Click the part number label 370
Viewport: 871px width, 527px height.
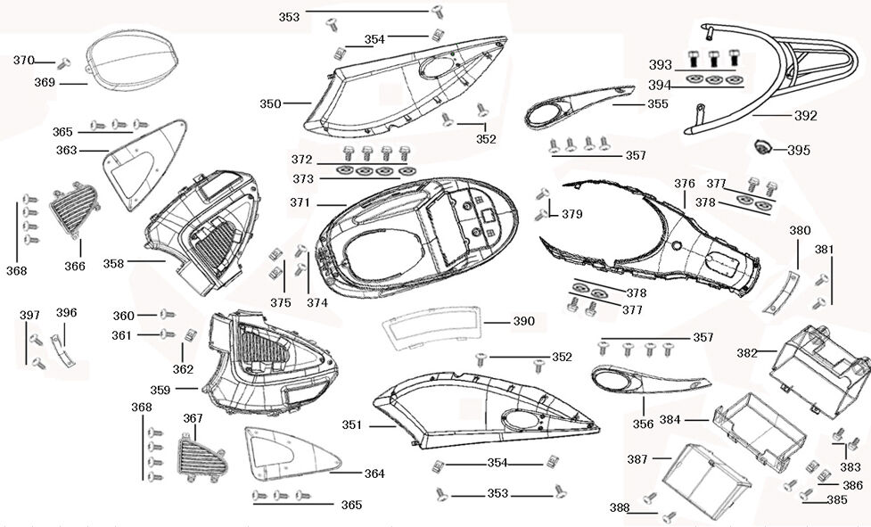(x=23, y=61)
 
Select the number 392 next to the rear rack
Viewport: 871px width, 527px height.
(x=805, y=116)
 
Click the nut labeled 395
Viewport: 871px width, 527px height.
(x=764, y=147)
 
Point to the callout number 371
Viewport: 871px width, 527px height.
(x=300, y=203)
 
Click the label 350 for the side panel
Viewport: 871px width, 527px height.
(x=270, y=103)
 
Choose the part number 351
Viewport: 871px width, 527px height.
(x=353, y=425)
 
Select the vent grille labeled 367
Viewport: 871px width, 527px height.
(x=198, y=457)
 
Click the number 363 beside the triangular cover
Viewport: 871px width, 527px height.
(x=66, y=150)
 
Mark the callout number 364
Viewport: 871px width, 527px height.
(x=374, y=473)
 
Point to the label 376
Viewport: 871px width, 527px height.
(x=684, y=184)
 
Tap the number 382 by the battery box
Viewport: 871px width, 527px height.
(x=747, y=353)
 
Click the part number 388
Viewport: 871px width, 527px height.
(x=619, y=508)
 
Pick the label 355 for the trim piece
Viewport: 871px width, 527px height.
(x=657, y=104)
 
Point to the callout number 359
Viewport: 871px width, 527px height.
(x=161, y=390)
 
